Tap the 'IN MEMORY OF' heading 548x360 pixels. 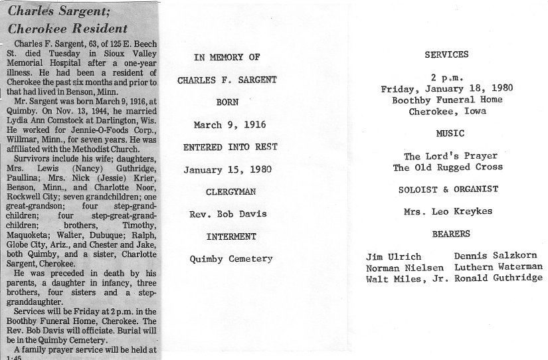(x=226, y=58)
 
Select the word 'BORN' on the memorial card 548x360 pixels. (x=226, y=104)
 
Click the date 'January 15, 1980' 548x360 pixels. (x=226, y=169)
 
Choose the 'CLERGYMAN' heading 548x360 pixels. (x=226, y=192)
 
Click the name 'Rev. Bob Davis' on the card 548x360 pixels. (x=226, y=213)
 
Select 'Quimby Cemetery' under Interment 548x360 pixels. (x=226, y=258)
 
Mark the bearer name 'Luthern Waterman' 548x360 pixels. (x=498, y=267)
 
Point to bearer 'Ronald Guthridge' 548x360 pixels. (x=498, y=278)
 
